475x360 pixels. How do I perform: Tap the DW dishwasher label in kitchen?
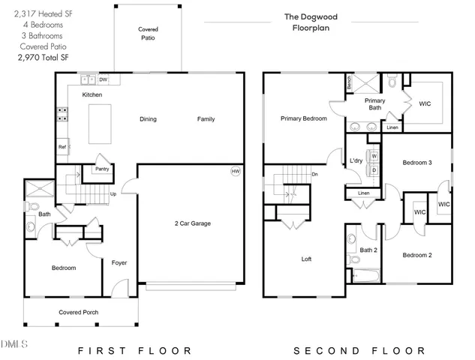[104, 79]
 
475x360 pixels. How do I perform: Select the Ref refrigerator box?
[62, 147]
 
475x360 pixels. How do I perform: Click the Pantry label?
[102, 169]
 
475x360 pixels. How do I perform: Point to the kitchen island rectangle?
[103, 124]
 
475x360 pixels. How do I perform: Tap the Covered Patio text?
[148, 33]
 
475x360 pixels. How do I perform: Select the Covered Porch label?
[79, 312]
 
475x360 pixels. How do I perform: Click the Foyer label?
[119, 262]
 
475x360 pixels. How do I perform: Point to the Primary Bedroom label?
[303, 118]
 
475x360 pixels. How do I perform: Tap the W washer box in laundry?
[374, 156]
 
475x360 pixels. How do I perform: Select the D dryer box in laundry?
[374, 170]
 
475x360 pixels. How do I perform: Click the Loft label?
[306, 259]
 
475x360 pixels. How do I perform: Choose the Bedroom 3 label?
[416, 163]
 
